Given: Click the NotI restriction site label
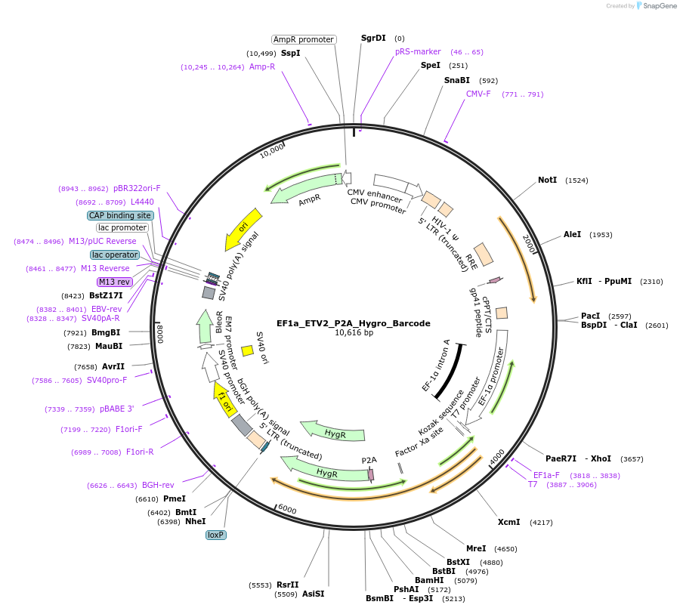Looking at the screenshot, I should [x=547, y=181].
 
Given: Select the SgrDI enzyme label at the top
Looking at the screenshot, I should [x=373, y=38].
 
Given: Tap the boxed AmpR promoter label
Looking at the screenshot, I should [x=304, y=39].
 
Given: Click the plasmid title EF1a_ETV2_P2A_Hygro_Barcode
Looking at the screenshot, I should [x=354, y=323].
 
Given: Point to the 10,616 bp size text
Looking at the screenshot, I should [x=354, y=333].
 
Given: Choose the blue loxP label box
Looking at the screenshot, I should [x=216, y=535].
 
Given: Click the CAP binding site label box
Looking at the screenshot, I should [x=120, y=215].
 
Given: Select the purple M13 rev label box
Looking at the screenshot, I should [x=115, y=282].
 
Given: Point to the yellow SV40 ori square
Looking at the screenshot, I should [x=247, y=350].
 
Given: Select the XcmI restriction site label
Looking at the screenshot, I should [x=508, y=522].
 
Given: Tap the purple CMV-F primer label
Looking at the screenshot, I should [x=478, y=94].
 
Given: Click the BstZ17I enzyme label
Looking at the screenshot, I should [x=106, y=295].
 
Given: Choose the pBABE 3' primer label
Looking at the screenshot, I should [x=116, y=409].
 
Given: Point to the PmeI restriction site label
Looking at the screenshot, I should [x=175, y=498].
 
